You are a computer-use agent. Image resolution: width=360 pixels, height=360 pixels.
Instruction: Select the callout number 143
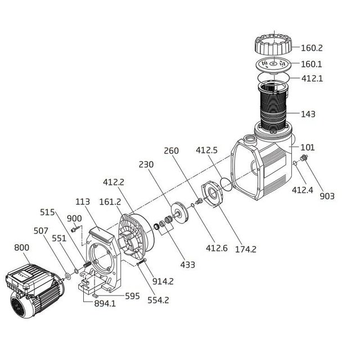(x=323, y=114)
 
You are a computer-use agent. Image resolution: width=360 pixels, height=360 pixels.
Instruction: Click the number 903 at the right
(x=326, y=196)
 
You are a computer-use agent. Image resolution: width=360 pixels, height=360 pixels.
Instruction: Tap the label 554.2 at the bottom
(x=158, y=300)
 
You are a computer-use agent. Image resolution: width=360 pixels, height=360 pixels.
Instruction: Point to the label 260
(x=171, y=151)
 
